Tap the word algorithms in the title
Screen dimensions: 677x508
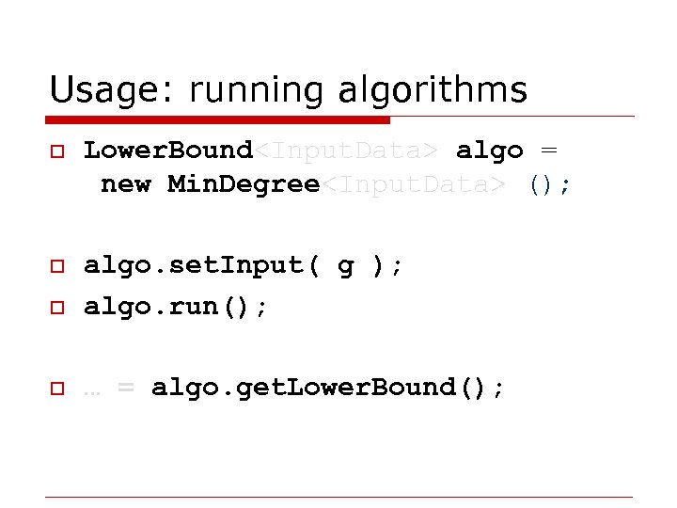[430, 90]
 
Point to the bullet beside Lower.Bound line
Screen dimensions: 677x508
[56, 151]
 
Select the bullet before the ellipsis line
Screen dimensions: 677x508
[56, 388]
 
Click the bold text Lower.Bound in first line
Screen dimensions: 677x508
[168, 151]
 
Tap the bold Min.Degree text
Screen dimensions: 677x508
[244, 184]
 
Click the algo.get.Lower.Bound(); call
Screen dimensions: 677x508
[328, 388]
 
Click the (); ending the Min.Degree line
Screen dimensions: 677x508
[549, 185]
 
